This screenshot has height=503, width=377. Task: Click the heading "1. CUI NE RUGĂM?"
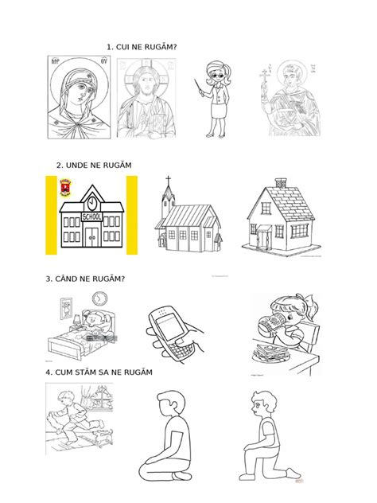pyautogui.click(x=141, y=49)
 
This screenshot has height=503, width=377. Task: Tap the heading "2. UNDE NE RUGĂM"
pyautogui.click(x=93, y=165)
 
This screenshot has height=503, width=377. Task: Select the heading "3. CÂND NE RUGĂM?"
pyautogui.click(x=86, y=279)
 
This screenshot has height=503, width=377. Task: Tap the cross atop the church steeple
pyautogui.click(x=167, y=182)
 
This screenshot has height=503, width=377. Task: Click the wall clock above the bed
pyautogui.click(x=99, y=298)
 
